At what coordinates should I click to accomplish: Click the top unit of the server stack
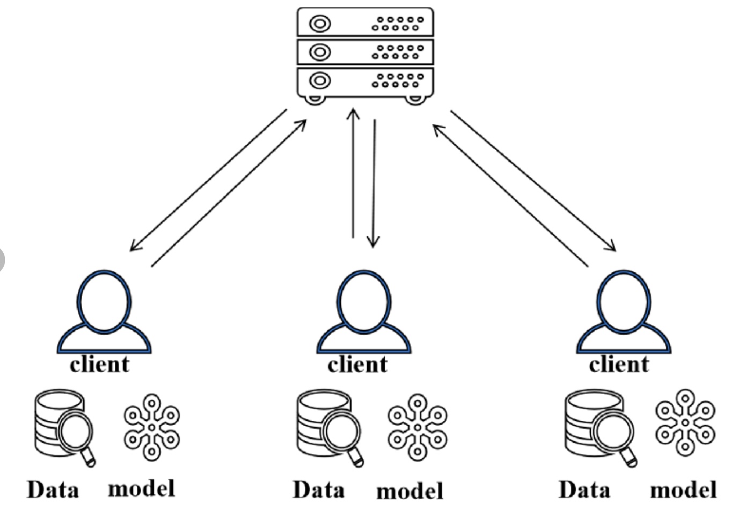[x=365, y=23]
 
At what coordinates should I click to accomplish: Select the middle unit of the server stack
[x=365, y=52]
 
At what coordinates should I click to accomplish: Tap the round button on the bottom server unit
[x=320, y=81]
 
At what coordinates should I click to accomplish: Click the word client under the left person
[x=100, y=365]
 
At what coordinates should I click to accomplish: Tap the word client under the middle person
[x=357, y=365]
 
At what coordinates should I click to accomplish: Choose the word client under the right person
[x=619, y=365]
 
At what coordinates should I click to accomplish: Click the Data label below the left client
[x=53, y=489]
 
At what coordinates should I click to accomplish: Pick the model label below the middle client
[x=410, y=491]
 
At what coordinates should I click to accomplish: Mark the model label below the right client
[x=683, y=489]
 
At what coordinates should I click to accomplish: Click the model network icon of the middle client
[x=418, y=427]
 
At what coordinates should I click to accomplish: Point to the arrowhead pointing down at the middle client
[x=373, y=242]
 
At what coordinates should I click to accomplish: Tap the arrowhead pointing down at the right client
[x=612, y=247]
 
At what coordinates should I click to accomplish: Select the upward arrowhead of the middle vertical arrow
[x=353, y=114]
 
